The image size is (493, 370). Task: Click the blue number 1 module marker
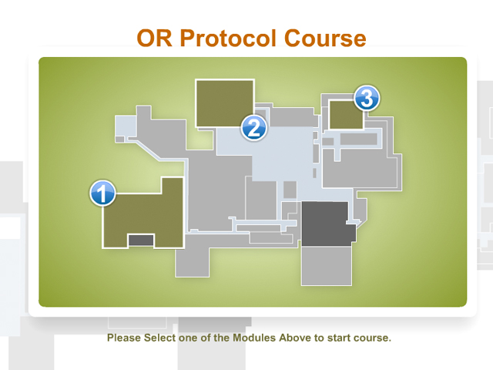click(102, 193)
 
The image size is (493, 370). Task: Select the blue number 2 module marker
click(253, 128)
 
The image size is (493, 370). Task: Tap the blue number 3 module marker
click(367, 98)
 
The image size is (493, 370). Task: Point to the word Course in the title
click(325, 39)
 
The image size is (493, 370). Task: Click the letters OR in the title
click(155, 39)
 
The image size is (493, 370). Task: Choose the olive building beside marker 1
click(143, 217)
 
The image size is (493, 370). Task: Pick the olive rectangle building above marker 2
click(225, 103)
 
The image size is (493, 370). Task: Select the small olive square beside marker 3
click(346, 115)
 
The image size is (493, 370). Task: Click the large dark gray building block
click(327, 224)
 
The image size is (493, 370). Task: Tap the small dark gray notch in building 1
click(141, 240)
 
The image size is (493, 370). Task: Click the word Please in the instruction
click(124, 338)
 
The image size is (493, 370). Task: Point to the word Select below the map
click(159, 338)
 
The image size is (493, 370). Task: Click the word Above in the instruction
click(296, 338)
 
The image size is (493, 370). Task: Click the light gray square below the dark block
click(327, 266)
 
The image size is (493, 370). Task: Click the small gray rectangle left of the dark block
click(290, 190)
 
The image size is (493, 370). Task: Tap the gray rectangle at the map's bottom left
click(192, 262)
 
